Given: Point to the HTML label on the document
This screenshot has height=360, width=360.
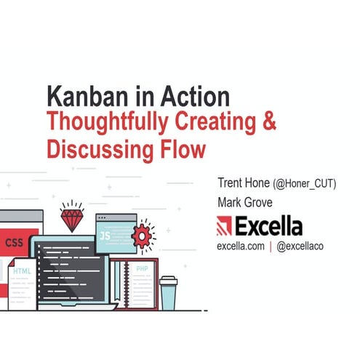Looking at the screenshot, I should click(22, 271).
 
